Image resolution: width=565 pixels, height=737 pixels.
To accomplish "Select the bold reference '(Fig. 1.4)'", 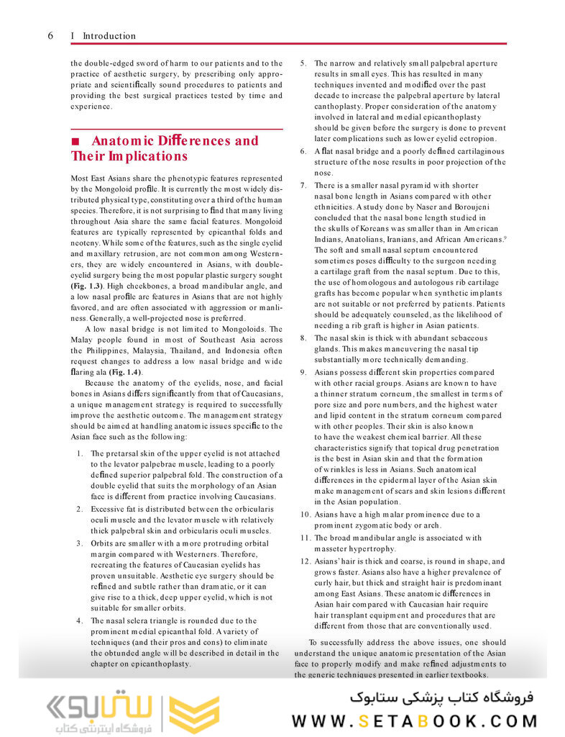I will [125, 372].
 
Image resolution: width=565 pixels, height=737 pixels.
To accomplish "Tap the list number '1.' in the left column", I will [81, 453].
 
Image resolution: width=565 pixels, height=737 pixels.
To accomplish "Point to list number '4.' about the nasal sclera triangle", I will [81, 620].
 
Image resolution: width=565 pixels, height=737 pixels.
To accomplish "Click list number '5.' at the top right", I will [304, 63].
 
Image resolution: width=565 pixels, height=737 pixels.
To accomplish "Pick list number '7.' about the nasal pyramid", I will [304, 185].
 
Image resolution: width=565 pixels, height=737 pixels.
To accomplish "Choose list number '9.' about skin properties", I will [304, 372].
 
